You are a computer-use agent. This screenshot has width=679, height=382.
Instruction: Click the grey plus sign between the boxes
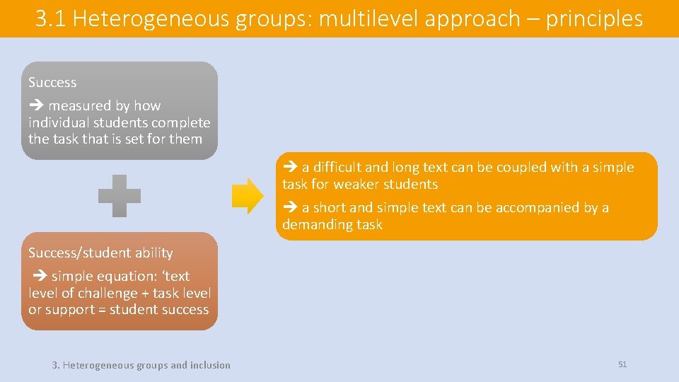120,195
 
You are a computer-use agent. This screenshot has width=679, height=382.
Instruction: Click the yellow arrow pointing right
248,195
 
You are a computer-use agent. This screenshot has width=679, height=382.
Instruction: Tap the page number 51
622,364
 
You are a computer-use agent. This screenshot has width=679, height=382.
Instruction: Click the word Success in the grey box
52,82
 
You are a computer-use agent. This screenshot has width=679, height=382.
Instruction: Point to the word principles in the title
594,18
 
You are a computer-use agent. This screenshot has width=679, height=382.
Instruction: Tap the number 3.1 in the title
50,18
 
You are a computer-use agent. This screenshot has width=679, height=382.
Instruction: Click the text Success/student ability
100,253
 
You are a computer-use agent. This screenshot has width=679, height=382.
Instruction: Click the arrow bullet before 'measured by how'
36,106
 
